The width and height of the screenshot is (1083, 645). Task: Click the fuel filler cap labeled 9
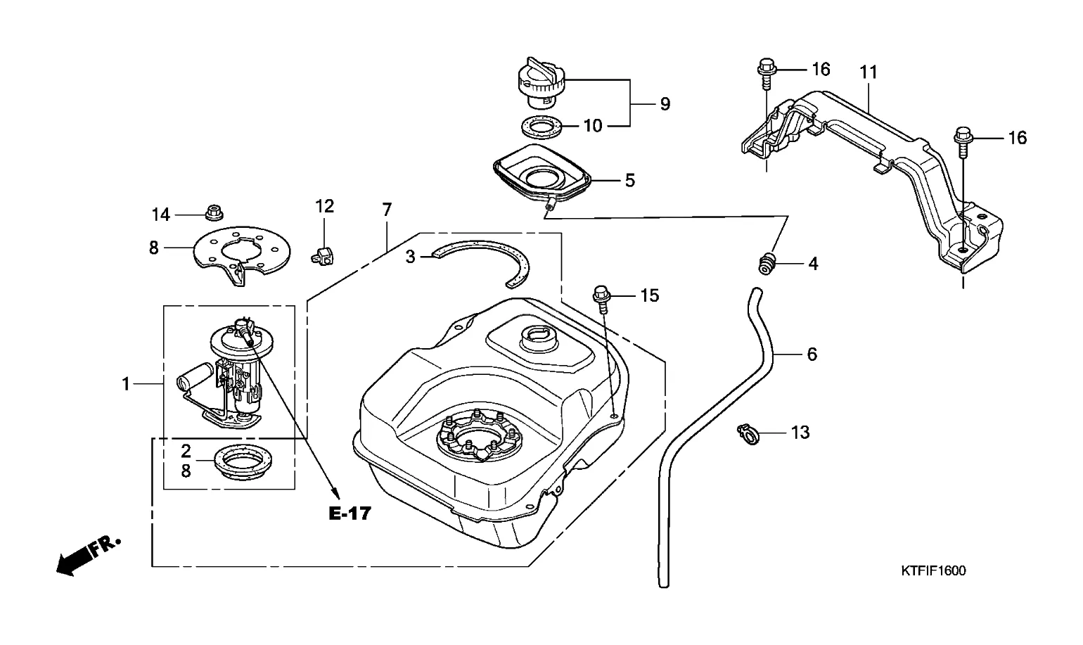(x=540, y=81)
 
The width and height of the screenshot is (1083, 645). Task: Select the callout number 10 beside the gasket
(x=593, y=126)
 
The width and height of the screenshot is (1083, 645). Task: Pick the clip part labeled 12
(x=322, y=254)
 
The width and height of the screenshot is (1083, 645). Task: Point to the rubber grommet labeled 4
(x=767, y=264)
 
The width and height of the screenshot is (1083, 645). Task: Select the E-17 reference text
(x=350, y=513)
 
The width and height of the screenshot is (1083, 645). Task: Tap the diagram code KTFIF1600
(x=933, y=570)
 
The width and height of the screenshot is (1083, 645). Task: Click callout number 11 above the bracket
(x=869, y=72)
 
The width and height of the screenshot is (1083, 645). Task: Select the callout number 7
(x=387, y=210)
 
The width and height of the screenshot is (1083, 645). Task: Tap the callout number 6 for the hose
(x=812, y=354)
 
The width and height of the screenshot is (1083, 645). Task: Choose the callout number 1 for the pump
(x=126, y=384)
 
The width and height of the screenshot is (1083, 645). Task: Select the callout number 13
(x=800, y=432)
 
